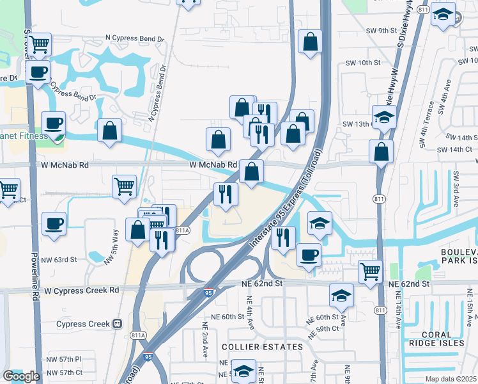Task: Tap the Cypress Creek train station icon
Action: point(117,324)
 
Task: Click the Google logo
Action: point(21,376)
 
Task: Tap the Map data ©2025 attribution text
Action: point(451,379)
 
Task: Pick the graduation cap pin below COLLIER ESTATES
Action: point(243,371)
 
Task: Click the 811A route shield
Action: point(183,230)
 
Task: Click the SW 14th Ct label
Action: point(454,149)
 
